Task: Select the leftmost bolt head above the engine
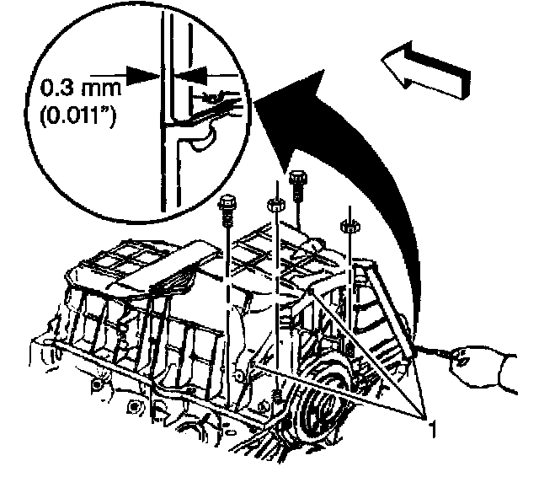pyautogui.click(x=227, y=203)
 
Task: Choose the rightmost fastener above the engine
pyautogui.click(x=345, y=226)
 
